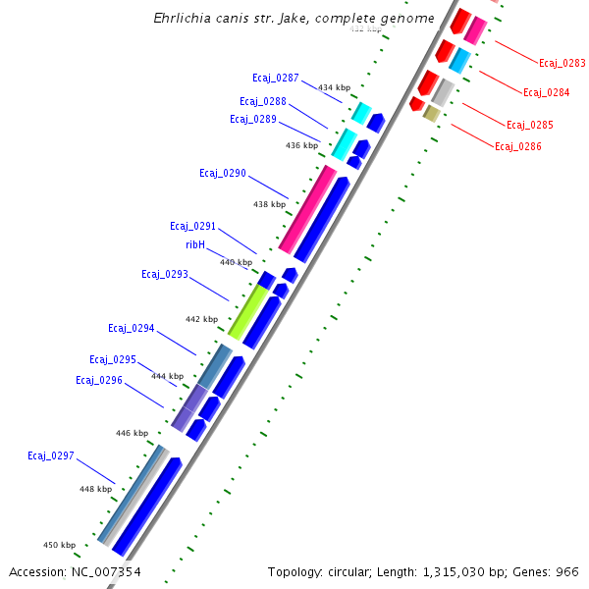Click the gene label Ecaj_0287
[275, 78]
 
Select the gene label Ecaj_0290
[222, 173]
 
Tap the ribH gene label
[195, 245]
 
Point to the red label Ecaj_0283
[562, 63]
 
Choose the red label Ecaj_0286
[517, 147]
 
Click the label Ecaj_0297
[51, 455]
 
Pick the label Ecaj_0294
[132, 328]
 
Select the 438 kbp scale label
[269, 204]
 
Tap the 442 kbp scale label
[201, 319]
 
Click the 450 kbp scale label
[59, 545]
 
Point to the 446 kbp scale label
[132, 433]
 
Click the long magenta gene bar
[307, 208]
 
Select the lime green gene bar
[248, 312]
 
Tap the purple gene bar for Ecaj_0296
[188, 407]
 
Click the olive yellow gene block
[431, 114]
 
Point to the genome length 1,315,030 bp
[472, 571]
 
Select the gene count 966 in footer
[566, 571]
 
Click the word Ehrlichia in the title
[186, 19]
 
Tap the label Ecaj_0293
[164, 274]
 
